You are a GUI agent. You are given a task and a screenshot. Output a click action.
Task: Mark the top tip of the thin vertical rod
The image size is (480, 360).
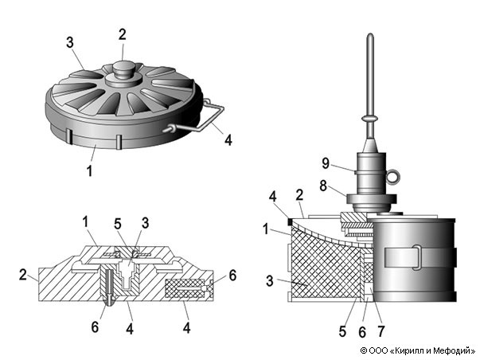click(372, 37)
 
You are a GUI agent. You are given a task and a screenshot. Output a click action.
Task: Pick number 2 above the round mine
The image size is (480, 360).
click(122, 34)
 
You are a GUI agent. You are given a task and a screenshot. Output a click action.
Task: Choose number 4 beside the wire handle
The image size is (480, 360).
click(228, 141)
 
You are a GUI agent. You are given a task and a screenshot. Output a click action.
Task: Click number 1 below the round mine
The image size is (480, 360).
click(92, 170)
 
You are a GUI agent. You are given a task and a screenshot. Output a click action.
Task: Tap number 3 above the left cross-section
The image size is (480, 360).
click(145, 222)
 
